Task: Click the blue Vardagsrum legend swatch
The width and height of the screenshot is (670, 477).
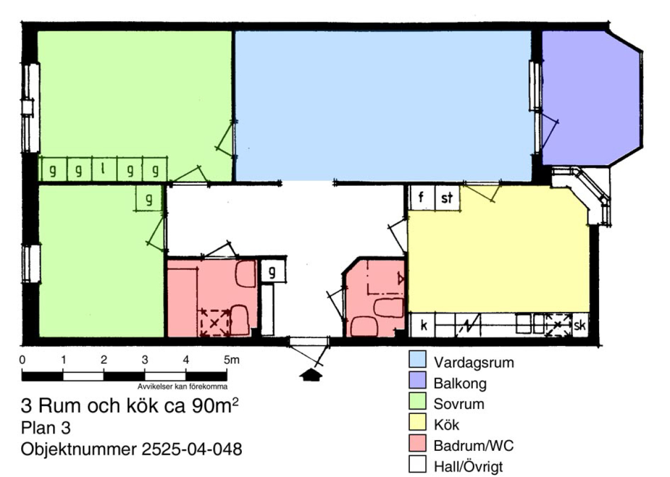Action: pyautogui.click(x=417, y=359)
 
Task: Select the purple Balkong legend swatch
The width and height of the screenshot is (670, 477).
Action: pyautogui.click(x=417, y=380)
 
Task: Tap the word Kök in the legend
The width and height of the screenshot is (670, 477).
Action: pyautogui.click(x=446, y=425)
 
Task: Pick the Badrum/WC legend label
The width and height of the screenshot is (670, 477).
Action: pyautogui.click(x=473, y=446)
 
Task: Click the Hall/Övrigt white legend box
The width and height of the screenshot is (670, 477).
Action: pyautogui.click(x=417, y=464)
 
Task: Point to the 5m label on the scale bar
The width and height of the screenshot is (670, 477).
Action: pyautogui.click(x=232, y=360)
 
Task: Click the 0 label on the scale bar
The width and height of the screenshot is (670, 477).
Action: pyautogui.click(x=22, y=360)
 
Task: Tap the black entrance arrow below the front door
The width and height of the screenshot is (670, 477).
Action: pyautogui.click(x=311, y=375)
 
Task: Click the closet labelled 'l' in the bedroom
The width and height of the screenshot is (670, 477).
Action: pyautogui.click(x=104, y=169)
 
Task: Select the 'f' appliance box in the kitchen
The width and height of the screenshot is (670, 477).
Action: pyautogui.click(x=422, y=197)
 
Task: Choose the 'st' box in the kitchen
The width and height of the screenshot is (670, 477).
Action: pyautogui.click(x=447, y=197)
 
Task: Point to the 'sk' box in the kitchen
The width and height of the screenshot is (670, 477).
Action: pyautogui.click(x=580, y=325)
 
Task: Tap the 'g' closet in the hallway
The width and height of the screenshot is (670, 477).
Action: pyautogui.click(x=273, y=271)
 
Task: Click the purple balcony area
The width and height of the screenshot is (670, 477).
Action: pyautogui.click(x=591, y=98)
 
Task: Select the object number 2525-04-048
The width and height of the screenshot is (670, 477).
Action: pyautogui.click(x=192, y=449)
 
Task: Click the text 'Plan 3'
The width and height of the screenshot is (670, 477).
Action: pyautogui.click(x=46, y=428)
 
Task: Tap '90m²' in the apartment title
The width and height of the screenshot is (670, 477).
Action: pyautogui.click(x=215, y=406)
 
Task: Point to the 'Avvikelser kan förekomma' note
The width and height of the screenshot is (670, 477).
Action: pyautogui.click(x=183, y=387)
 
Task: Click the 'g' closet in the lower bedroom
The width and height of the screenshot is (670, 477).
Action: pyautogui.click(x=149, y=198)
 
